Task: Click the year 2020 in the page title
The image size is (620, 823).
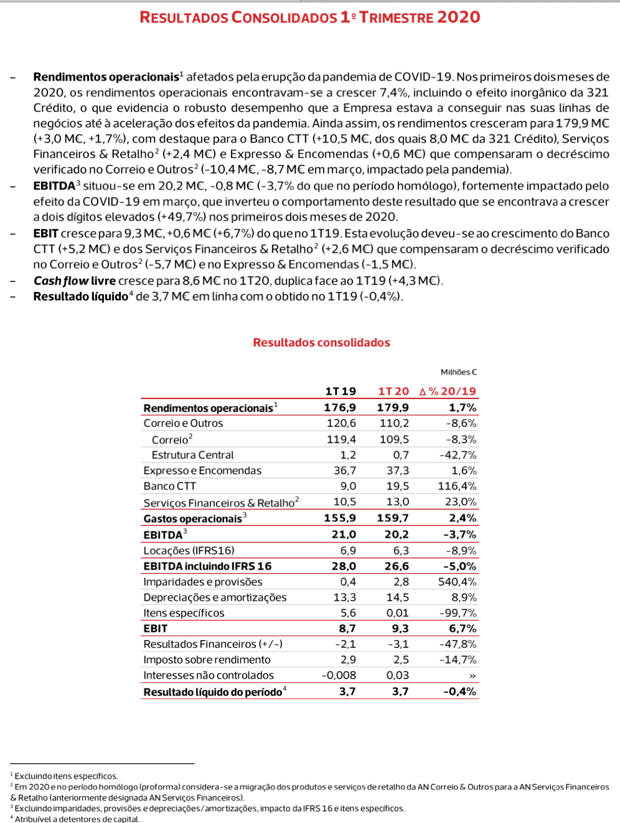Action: (458, 17)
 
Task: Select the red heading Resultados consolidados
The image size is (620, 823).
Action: (321, 342)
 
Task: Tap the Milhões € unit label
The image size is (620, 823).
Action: (459, 372)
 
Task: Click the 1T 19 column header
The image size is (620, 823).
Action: (341, 392)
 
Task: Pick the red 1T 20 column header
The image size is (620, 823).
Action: (393, 392)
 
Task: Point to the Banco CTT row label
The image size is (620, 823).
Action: (169, 486)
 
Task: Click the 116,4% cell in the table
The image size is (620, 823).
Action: (457, 486)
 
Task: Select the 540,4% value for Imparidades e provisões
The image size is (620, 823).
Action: (457, 582)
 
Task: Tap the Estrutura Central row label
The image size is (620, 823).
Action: (192, 455)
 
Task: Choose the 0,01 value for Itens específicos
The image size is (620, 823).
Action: (397, 613)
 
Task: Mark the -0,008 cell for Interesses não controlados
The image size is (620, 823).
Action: (339, 675)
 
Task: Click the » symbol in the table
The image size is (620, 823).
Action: (472, 676)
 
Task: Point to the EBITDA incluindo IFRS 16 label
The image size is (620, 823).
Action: (207, 567)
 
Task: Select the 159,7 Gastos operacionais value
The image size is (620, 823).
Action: (393, 518)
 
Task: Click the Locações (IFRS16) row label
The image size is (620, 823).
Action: (189, 551)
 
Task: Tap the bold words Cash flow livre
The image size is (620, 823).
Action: (75, 281)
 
